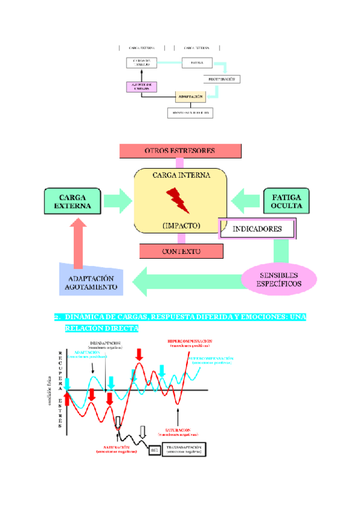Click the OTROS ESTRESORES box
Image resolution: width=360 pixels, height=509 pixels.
point(180,150)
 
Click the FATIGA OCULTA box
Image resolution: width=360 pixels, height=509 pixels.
point(286,201)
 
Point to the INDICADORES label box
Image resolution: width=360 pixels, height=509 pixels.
point(257,229)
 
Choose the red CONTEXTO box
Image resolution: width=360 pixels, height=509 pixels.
point(181,251)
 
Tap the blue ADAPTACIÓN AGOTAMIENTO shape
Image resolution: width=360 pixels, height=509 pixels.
point(91,282)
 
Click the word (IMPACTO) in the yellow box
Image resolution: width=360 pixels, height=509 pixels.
point(181,226)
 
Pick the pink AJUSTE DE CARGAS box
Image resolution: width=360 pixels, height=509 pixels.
point(141,86)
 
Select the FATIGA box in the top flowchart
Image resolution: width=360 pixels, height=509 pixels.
point(197,62)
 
